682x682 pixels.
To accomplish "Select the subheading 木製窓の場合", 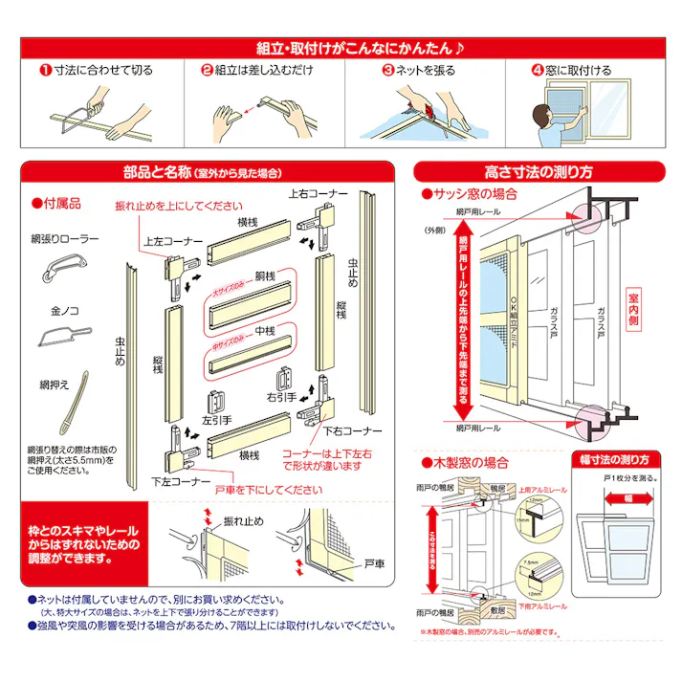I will [x=470, y=463].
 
